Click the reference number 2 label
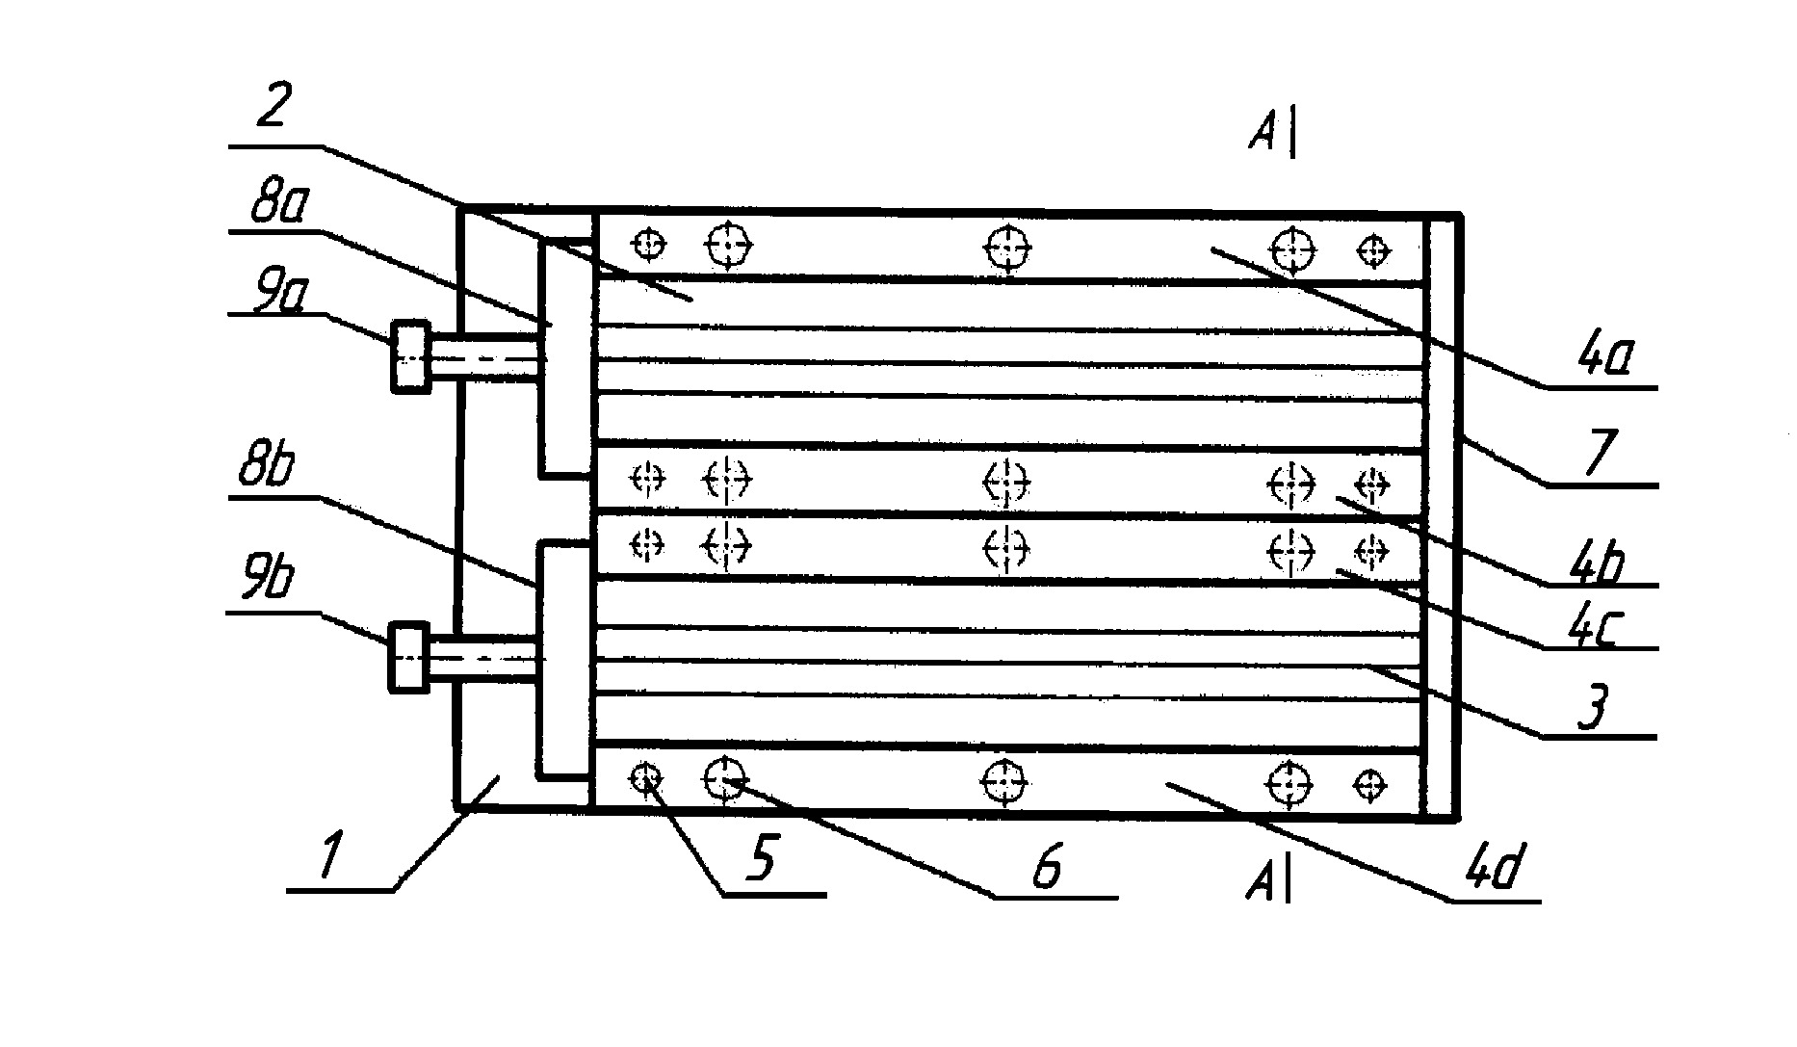click(x=272, y=109)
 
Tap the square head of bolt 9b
click(x=408, y=657)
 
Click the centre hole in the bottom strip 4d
click(x=1005, y=781)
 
